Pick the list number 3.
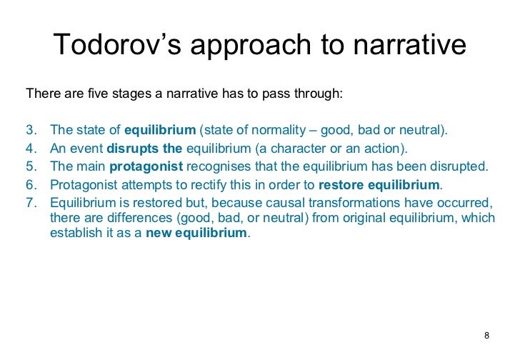[x=30, y=130]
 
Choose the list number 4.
[x=30, y=149]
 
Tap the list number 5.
[x=30, y=166]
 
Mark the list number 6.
[x=30, y=184]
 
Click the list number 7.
[x=30, y=202]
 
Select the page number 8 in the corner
[x=487, y=336]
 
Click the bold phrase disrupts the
[x=144, y=149]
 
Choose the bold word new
[x=159, y=234]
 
